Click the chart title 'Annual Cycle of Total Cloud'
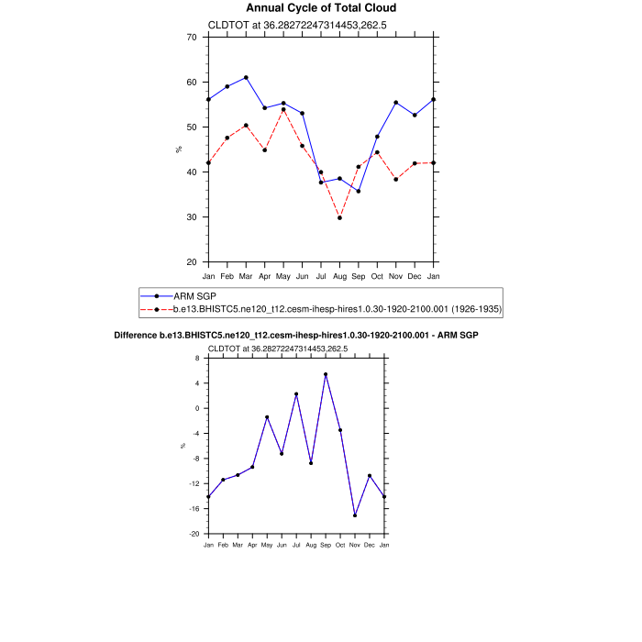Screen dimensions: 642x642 tap(321, 8)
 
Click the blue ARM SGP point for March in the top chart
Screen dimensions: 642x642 tap(246, 78)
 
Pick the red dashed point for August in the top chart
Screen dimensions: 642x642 tap(339, 217)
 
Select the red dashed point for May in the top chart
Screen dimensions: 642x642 tap(283, 109)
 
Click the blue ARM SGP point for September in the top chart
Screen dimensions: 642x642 tap(359, 191)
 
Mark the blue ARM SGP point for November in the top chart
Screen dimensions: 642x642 tap(395, 103)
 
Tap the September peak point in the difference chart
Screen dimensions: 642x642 tap(326, 374)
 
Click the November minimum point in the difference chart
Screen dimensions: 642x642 tap(355, 515)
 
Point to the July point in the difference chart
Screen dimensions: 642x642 tap(296, 394)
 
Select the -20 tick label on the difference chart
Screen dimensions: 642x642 tap(194, 534)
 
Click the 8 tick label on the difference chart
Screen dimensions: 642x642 tap(196, 359)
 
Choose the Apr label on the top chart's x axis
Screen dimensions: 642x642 tap(264, 276)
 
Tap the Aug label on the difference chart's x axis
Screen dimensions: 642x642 tap(311, 545)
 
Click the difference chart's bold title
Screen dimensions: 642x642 tap(296, 336)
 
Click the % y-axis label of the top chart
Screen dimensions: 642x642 tap(178, 149)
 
